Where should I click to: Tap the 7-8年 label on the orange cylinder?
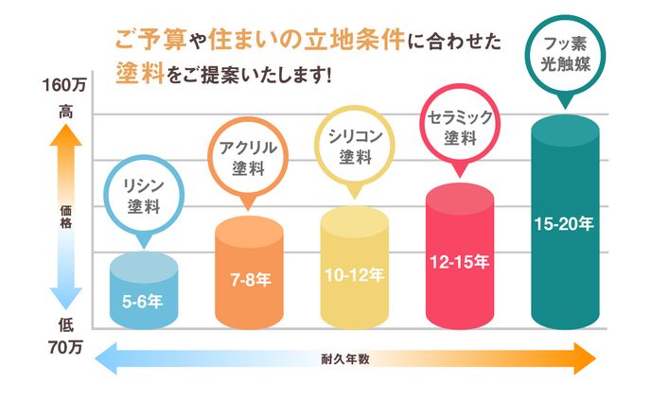(x=250, y=281)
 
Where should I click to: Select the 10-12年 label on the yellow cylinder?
(x=355, y=275)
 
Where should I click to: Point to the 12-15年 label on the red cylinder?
(x=459, y=261)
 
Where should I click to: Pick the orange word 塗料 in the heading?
(x=138, y=72)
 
